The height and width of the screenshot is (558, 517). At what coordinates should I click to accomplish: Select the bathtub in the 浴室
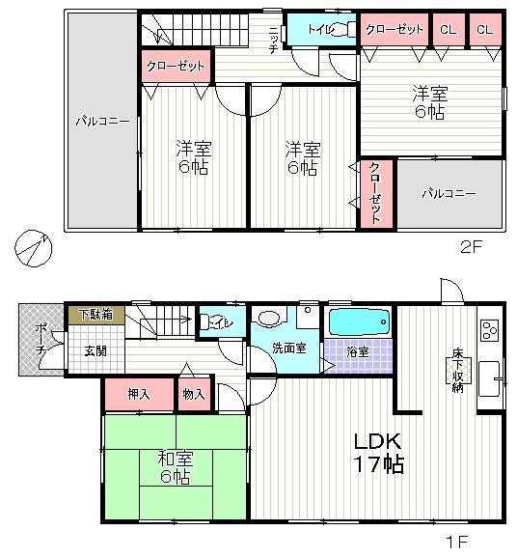click(x=358, y=321)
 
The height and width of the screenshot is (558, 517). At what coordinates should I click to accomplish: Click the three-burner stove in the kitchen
click(x=488, y=330)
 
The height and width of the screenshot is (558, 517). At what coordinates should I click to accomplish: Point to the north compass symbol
click(x=33, y=248)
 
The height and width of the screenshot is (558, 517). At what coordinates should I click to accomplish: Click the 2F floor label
click(x=471, y=246)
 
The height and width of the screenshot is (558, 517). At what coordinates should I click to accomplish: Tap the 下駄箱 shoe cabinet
click(x=95, y=315)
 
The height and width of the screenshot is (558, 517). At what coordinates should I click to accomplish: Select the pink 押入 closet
click(x=138, y=394)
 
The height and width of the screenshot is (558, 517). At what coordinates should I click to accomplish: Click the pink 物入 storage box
click(x=193, y=394)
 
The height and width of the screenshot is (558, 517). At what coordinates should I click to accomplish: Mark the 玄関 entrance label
click(x=95, y=350)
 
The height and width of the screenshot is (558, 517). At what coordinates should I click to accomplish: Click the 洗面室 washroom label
click(x=287, y=348)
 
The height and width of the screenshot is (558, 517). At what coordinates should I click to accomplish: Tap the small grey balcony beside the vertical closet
click(x=449, y=194)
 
